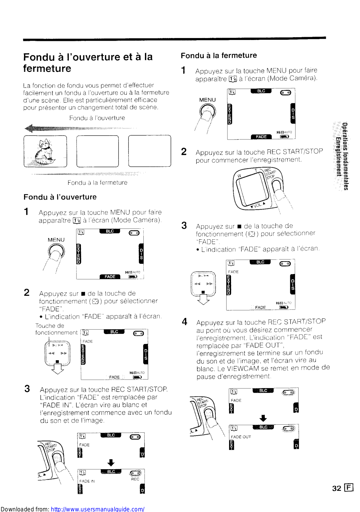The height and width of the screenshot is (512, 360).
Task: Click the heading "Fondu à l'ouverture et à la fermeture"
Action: tap(88, 62)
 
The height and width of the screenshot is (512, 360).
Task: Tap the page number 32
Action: tap(336, 488)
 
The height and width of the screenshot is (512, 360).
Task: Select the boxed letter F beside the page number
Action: tap(348, 488)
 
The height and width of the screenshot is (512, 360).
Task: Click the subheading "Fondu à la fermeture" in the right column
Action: tap(219, 56)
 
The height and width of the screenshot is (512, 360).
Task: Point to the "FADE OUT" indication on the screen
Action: tap(241, 437)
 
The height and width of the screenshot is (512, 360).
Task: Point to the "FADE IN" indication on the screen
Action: tap(87, 481)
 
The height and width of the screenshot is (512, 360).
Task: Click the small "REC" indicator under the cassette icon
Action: tap(135, 479)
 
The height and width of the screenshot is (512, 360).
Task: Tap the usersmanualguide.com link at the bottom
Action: tap(98, 509)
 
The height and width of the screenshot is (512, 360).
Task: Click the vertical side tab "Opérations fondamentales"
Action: tap(345, 156)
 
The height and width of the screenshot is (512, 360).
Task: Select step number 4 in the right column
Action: tap(185, 322)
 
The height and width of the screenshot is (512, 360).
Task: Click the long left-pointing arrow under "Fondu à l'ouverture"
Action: tap(80, 129)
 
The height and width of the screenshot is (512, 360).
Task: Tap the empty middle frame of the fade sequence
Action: tap(97, 151)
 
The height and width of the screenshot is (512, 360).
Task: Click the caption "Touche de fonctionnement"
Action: tap(56, 329)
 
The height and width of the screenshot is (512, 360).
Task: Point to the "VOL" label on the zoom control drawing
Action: tap(258, 205)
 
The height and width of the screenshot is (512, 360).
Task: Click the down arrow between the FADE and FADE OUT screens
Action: tap(263, 418)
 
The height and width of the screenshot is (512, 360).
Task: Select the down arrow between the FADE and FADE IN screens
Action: tap(111, 462)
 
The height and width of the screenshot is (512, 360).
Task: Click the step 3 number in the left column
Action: tap(27, 389)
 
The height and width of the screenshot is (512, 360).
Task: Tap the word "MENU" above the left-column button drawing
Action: tap(56, 240)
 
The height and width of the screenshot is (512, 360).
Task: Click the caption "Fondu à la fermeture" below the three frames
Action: tap(97, 183)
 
